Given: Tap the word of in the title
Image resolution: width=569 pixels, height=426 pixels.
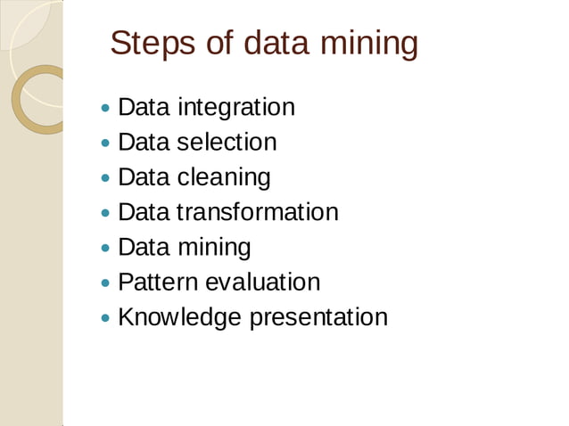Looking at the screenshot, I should (219, 43).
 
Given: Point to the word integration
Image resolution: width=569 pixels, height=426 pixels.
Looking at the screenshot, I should (236, 108).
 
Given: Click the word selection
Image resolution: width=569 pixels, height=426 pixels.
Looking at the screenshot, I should (227, 142).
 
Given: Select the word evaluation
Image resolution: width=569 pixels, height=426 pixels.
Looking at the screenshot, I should (262, 283).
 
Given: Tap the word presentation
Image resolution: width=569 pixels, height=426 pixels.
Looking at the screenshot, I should (318, 318).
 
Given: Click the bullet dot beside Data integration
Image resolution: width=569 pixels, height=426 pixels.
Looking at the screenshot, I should (106, 109).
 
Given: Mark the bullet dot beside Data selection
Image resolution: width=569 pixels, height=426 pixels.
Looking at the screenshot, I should (106, 143).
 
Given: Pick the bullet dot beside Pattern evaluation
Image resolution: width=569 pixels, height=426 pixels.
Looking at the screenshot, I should (106, 283).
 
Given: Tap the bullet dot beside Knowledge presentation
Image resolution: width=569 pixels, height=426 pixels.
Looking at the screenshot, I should (106, 318).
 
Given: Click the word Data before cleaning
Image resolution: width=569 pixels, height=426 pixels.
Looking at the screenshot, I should (144, 177).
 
